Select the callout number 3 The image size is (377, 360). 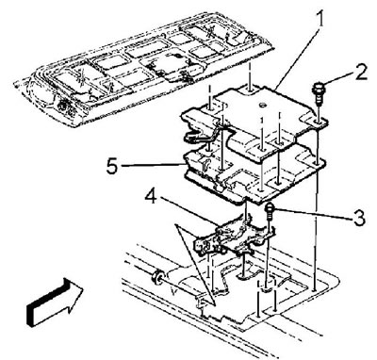[x=359, y=218]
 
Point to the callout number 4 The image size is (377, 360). [x=152, y=197]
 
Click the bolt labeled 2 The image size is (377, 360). [x=317, y=93]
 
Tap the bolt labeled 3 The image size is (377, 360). [x=270, y=213]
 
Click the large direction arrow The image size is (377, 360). [x=54, y=303]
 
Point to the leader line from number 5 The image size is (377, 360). [x=152, y=164]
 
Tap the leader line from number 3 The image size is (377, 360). [x=314, y=213]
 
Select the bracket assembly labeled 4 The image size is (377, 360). [x=234, y=237]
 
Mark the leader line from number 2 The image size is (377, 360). [x=338, y=77]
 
